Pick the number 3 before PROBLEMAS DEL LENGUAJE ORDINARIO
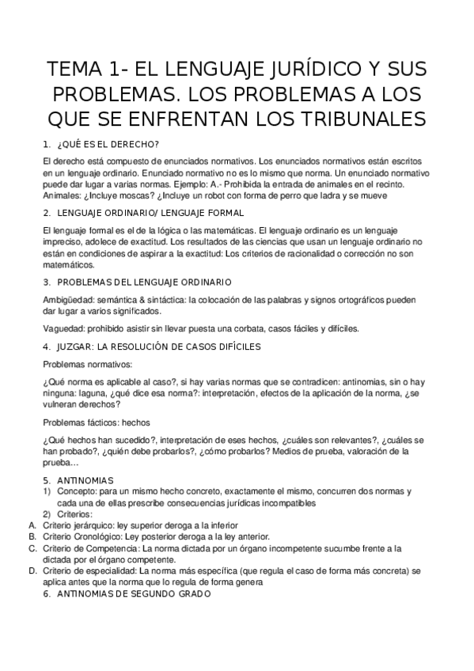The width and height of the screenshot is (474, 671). [x=47, y=281]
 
